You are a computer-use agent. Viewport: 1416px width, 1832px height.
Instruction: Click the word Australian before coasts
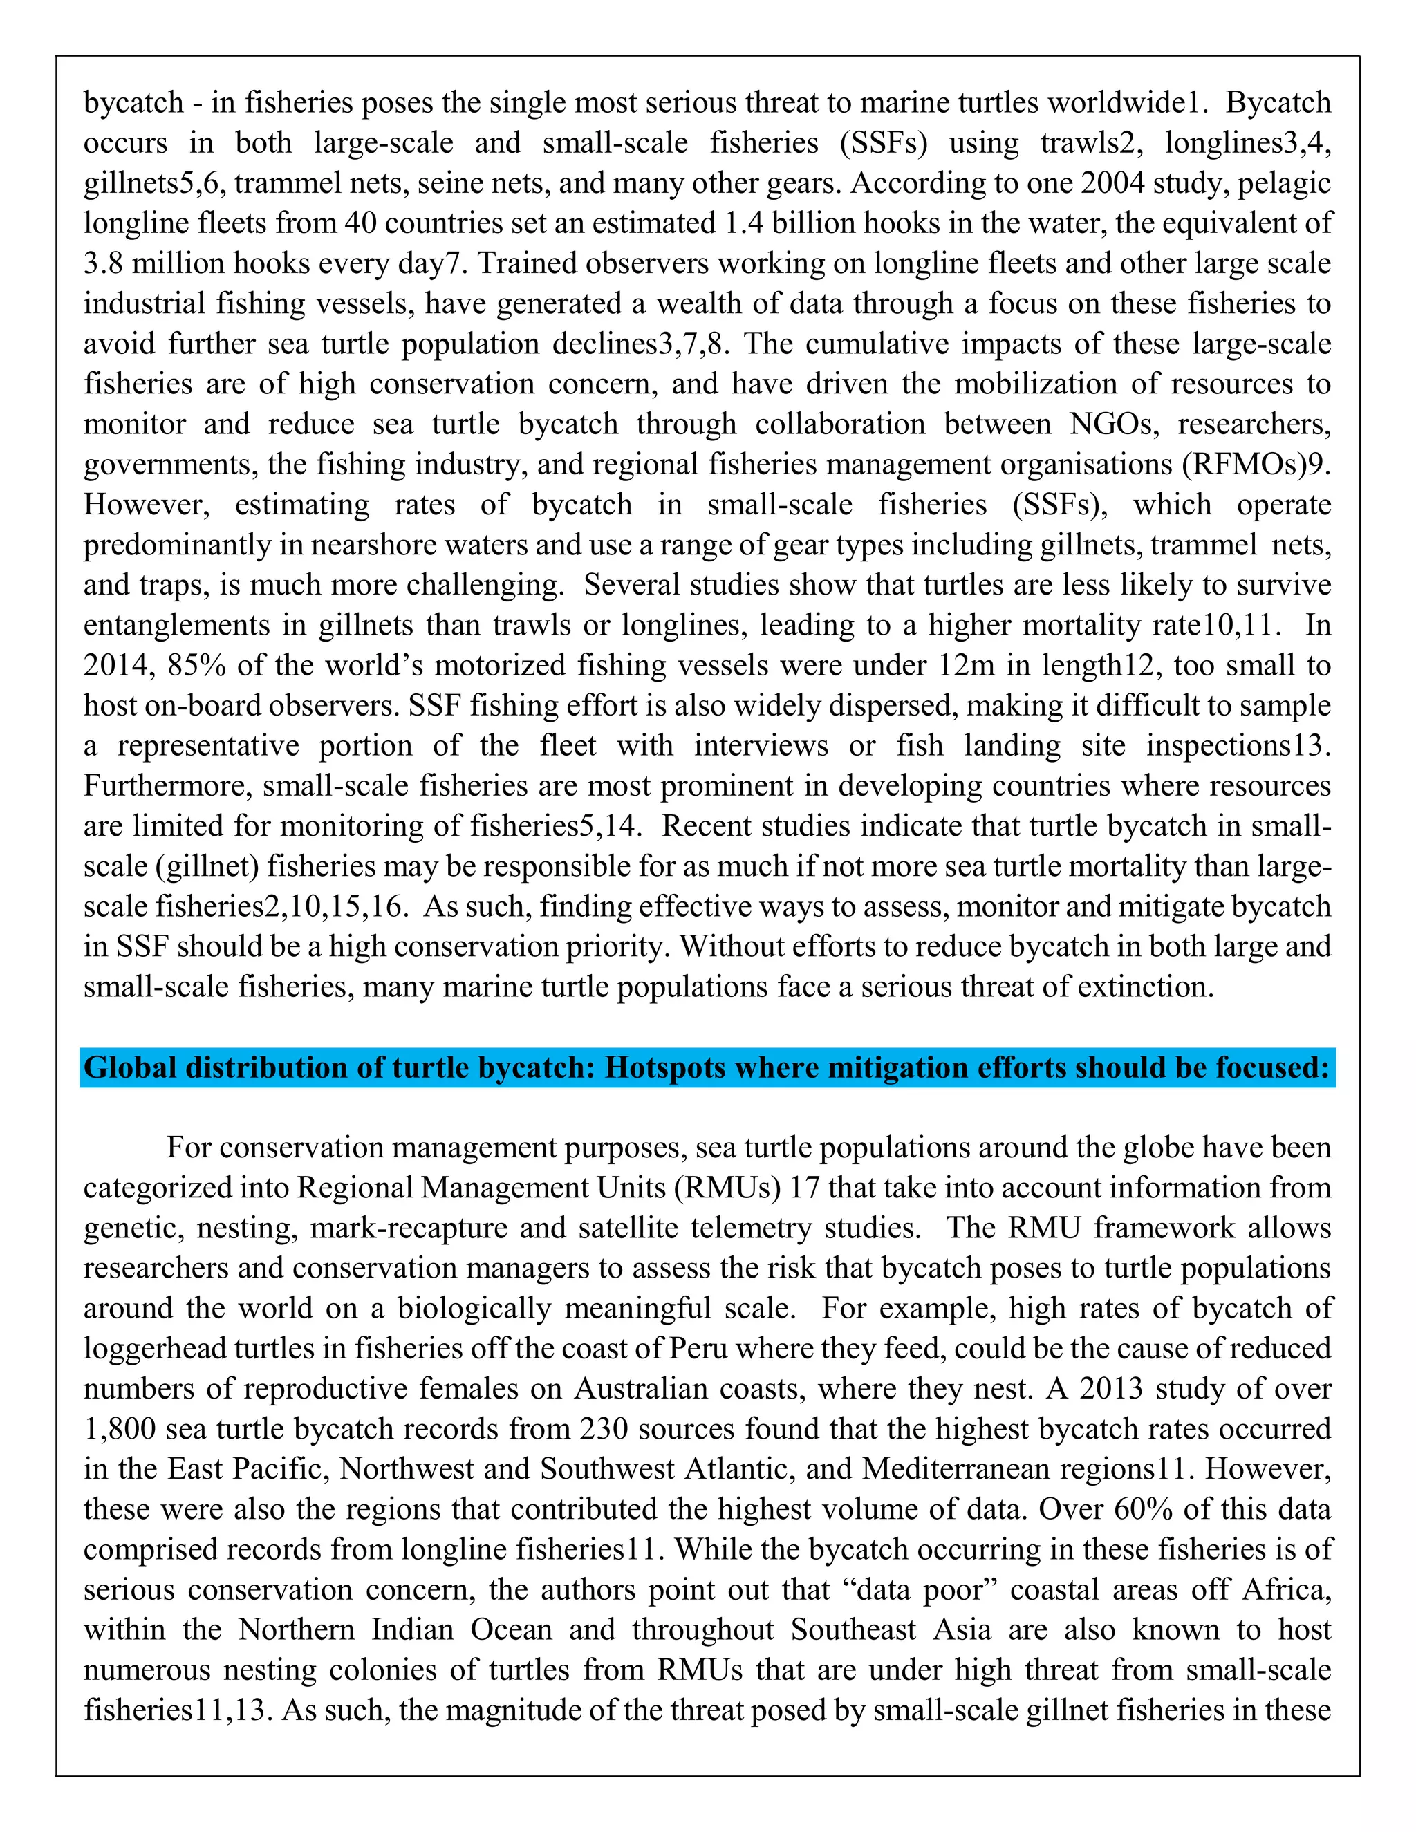coord(642,1388)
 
